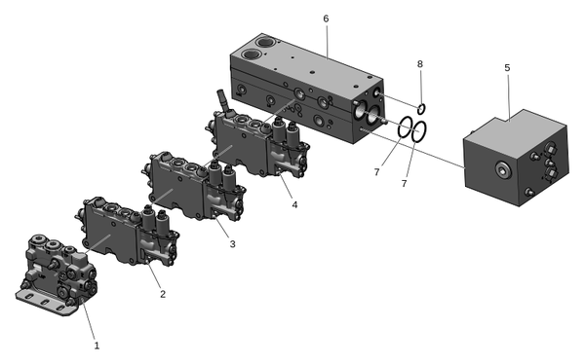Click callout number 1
tap(97, 346)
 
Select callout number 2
tap(163, 294)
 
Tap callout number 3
tap(232, 244)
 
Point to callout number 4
tap(294, 204)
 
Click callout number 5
tap(507, 68)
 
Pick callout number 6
tap(326, 18)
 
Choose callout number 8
tap(420, 64)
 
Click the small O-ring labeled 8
tap(421, 109)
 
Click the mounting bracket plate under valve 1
tap(46, 302)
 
